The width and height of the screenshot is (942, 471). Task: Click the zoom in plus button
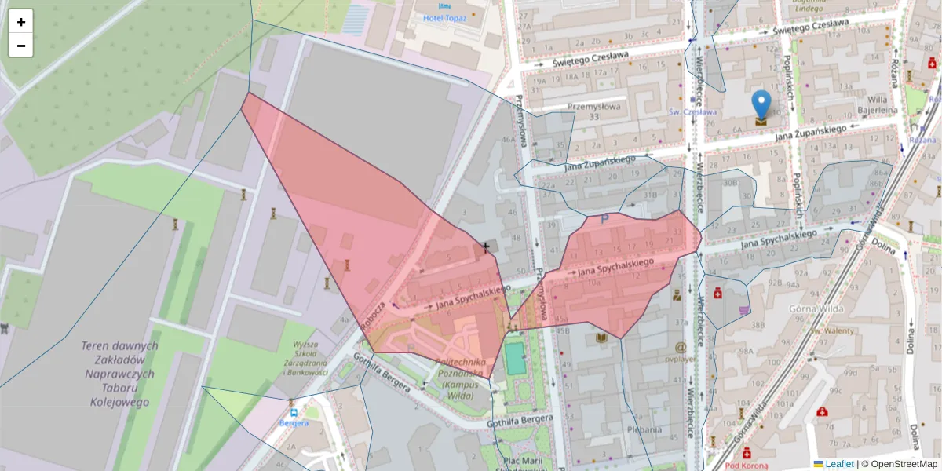(21, 22)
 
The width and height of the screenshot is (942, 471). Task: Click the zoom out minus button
(21, 46)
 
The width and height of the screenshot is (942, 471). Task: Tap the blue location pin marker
(761, 107)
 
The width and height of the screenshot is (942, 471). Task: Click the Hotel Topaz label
(444, 17)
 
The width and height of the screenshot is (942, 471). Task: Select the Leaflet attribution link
(839, 464)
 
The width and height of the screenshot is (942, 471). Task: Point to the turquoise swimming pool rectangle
(515, 358)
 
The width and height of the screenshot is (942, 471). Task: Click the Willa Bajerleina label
(877, 105)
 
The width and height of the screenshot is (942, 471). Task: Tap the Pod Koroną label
(745, 465)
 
